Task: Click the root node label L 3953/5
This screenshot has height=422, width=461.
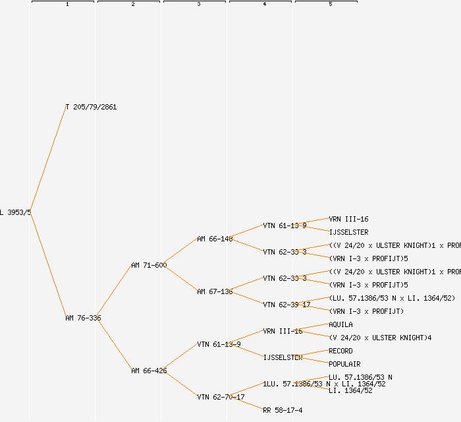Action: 15,212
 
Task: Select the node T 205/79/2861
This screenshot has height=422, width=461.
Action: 91,107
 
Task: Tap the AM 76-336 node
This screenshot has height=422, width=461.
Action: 83,318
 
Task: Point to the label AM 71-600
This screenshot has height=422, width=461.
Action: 149,265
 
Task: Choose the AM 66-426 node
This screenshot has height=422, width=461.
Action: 149,371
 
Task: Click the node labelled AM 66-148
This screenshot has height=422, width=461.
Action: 215,239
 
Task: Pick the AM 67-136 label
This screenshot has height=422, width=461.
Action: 215,291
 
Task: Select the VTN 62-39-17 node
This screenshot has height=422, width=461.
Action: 286,305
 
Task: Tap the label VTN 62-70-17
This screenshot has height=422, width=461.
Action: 221,397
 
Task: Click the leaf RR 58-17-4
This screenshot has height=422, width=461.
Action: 283,410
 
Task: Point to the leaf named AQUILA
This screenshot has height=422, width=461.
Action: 340,324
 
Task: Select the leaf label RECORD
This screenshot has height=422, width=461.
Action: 340,351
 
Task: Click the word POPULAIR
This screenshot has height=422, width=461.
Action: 344,364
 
